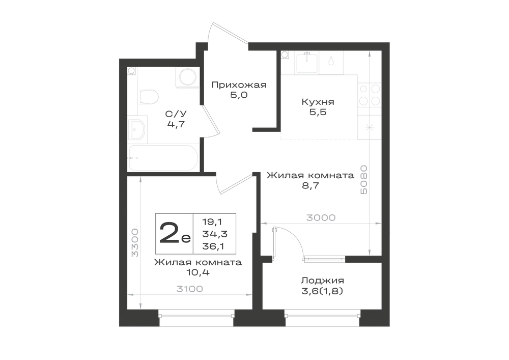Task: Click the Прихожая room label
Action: pos(239,85)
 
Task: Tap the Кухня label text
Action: pos(318,102)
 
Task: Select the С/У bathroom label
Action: pos(176,114)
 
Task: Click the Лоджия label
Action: pos(322,281)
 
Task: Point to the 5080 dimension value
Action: pos(363,180)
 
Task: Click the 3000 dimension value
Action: pos(321,217)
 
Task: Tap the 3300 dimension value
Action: pos(135,242)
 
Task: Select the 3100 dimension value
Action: pos(189,289)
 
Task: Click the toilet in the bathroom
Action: pos(148,97)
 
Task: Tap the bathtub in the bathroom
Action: pos(163,158)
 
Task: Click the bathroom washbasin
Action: pos(137,129)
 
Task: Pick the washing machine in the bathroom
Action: pos(187,77)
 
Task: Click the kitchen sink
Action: pos(306,63)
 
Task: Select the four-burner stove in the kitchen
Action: pos(369,95)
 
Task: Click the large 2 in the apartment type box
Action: pos(169,233)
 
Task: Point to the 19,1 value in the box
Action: pos(212,221)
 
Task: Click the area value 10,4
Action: pos(197,272)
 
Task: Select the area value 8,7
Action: pos(310,186)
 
